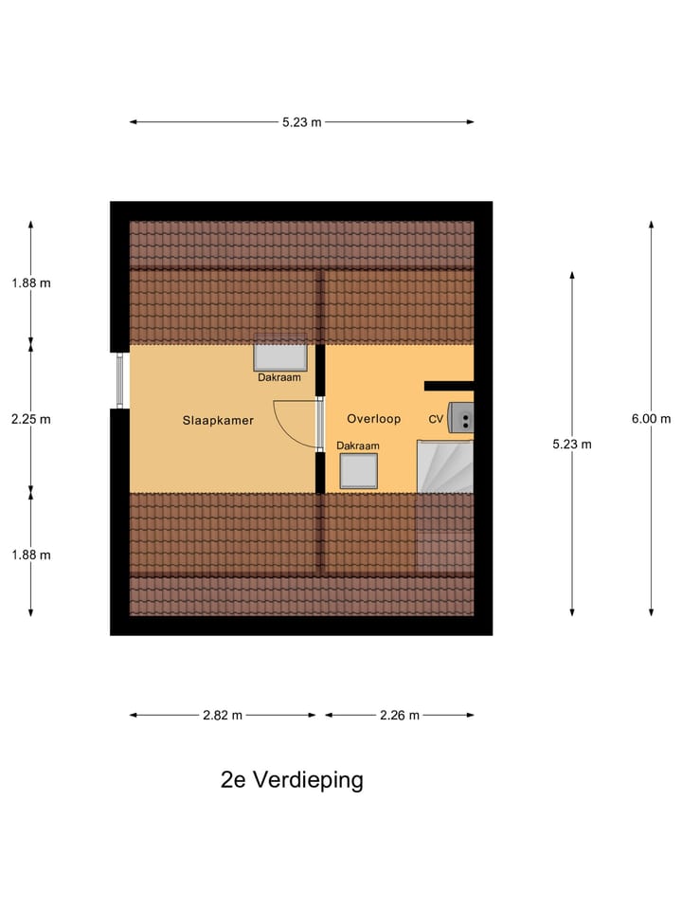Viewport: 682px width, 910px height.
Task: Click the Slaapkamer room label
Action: [x=218, y=420]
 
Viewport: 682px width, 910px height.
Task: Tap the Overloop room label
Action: [x=373, y=418]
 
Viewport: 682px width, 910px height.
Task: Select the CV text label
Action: [x=436, y=418]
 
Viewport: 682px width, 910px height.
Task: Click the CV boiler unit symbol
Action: [x=461, y=417]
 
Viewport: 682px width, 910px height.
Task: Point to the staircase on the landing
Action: [x=445, y=465]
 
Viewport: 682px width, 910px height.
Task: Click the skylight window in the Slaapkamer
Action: [x=280, y=356]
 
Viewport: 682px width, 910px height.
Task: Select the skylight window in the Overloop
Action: [x=359, y=471]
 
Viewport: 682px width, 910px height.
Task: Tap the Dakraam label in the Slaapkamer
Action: [x=279, y=377]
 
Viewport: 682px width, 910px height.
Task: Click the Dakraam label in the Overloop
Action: [x=358, y=446]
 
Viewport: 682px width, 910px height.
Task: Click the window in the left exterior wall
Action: [x=120, y=380]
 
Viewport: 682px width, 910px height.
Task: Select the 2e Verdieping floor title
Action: [x=292, y=780]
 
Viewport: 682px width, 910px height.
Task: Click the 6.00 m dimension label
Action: [x=652, y=419]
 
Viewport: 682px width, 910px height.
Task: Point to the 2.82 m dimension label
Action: [x=223, y=716]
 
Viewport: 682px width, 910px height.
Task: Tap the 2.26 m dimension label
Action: [x=399, y=716]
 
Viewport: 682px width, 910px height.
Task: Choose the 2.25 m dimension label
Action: [x=31, y=419]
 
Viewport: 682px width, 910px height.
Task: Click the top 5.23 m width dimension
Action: [x=302, y=121]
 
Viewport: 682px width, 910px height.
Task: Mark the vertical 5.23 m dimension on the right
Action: [x=572, y=444]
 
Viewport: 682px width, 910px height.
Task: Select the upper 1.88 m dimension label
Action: [x=31, y=282]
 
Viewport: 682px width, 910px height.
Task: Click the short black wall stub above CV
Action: [x=448, y=386]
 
